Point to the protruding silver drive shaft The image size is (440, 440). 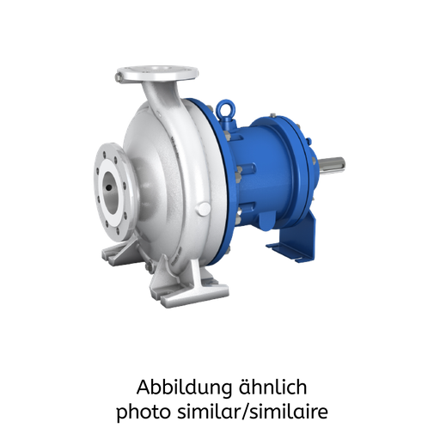(333, 162)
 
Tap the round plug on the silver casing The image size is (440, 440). (202, 209)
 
